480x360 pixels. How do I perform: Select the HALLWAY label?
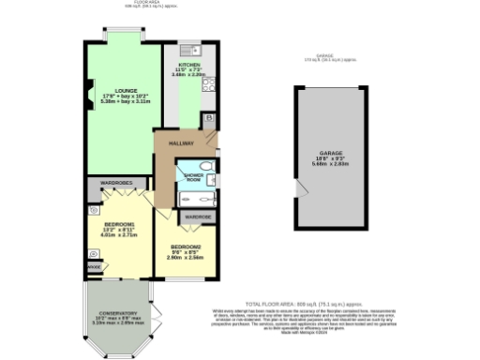180,143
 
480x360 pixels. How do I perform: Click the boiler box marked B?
208,119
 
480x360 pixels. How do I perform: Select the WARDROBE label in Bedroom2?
196,217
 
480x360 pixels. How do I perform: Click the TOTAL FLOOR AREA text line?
308,305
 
